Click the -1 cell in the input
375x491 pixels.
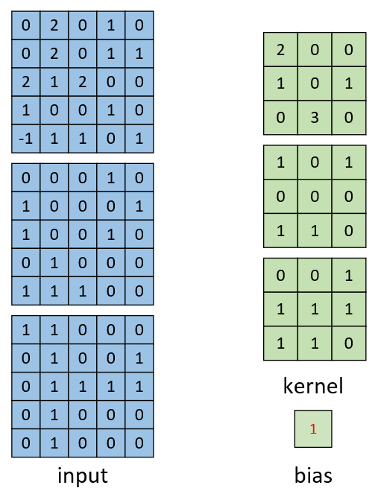click(x=25, y=139)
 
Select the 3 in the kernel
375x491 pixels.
click(x=315, y=118)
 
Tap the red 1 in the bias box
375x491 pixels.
click(x=313, y=428)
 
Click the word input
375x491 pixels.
click(x=83, y=476)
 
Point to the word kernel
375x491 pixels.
click(x=313, y=386)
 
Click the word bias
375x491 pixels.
click(x=313, y=475)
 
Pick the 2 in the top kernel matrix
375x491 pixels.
click(x=280, y=49)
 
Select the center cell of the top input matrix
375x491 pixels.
click(x=83, y=82)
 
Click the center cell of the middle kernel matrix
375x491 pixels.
click(x=315, y=197)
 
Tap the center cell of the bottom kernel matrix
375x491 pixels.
click(x=315, y=309)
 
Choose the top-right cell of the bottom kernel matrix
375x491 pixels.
click(x=349, y=275)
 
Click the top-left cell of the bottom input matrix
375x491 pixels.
click(x=25, y=330)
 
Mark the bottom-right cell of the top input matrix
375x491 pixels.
click(x=139, y=139)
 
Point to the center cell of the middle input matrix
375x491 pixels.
click(x=83, y=234)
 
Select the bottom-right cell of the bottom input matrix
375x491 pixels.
click(x=139, y=443)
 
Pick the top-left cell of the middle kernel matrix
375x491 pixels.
click(x=280, y=162)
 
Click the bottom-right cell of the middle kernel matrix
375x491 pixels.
click(x=349, y=230)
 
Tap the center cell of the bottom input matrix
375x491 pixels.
click(x=83, y=387)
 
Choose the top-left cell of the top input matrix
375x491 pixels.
click(x=25, y=25)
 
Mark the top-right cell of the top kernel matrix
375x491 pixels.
click(x=349, y=49)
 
